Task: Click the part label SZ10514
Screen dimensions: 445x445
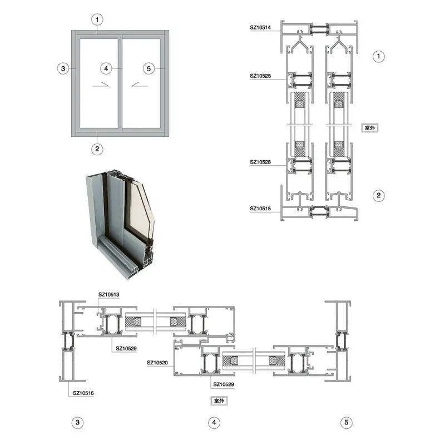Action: pos(260,27)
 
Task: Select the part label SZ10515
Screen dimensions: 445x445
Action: pos(260,209)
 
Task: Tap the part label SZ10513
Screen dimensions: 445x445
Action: pos(108,295)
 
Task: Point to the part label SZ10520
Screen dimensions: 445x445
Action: pos(157,363)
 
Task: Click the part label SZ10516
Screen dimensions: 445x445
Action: pos(83,393)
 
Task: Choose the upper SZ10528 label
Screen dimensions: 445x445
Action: pos(260,76)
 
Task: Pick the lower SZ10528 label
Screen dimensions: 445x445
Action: pos(260,162)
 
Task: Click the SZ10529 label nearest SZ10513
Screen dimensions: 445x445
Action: pos(126,349)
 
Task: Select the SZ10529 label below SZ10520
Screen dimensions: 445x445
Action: pos(224,384)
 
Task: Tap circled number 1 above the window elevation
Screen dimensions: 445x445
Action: pos(97,20)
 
